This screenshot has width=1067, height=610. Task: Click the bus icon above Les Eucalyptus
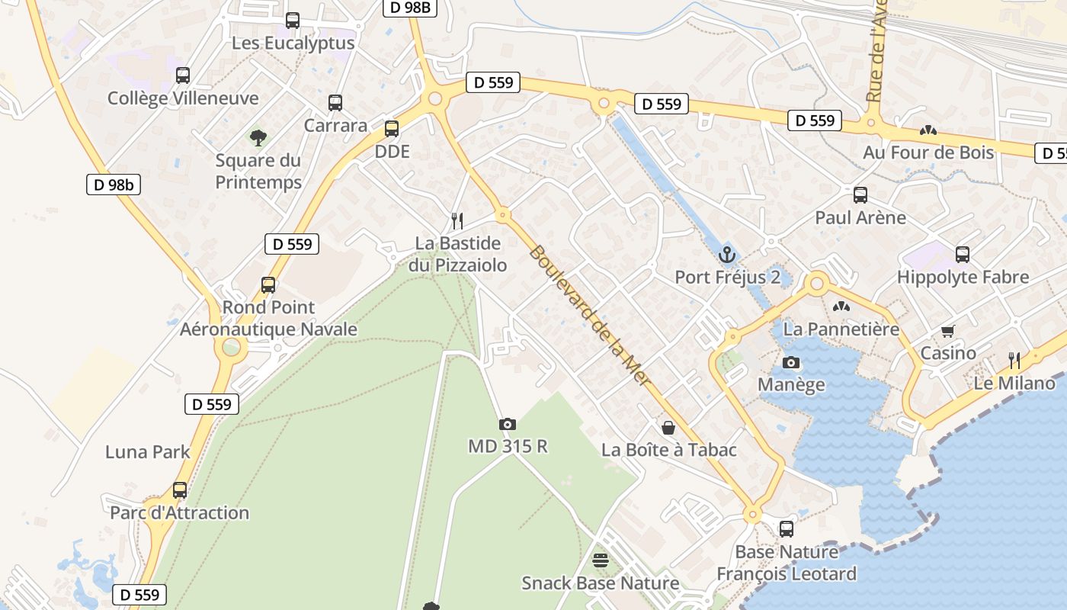pyautogui.click(x=293, y=21)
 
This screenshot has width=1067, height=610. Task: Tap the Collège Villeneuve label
pyautogui.click(x=183, y=98)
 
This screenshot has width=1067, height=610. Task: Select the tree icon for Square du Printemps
pyautogui.click(x=258, y=138)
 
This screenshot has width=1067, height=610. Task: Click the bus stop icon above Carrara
pyautogui.click(x=335, y=103)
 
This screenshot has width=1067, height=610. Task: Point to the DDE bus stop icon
pyautogui.click(x=392, y=129)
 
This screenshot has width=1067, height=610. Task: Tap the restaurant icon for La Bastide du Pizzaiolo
pyautogui.click(x=457, y=220)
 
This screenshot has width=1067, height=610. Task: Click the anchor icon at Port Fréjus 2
pyautogui.click(x=726, y=254)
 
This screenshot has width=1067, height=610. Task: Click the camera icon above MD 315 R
pyautogui.click(x=508, y=424)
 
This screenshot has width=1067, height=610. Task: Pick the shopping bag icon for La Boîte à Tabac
pyautogui.click(x=668, y=428)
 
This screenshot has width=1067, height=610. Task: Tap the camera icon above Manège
pyautogui.click(x=791, y=362)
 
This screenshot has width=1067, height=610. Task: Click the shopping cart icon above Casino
pyautogui.click(x=948, y=331)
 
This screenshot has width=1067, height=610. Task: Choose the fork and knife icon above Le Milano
pyautogui.click(x=1014, y=360)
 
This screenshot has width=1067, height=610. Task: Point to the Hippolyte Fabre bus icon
pyautogui.click(x=963, y=255)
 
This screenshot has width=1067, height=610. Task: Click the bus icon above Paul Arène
pyautogui.click(x=860, y=195)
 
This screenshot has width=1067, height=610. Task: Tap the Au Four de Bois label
pyautogui.click(x=928, y=152)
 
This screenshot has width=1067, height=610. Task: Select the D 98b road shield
pyautogui.click(x=113, y=185)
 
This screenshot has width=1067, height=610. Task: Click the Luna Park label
pyautogui.click(x=148, y=451)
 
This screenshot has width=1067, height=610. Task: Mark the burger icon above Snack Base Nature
pyautogui.click(x=601, y=561)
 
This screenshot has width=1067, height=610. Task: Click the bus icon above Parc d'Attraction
pyautogui.click(x=180, y=490)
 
